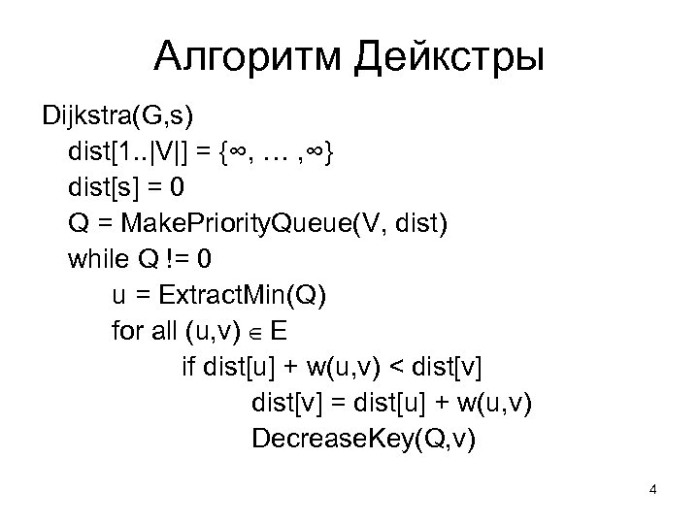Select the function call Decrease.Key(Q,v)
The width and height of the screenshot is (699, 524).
click(x=364, y=439)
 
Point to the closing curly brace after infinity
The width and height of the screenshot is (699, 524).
click(x=333, y=153)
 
